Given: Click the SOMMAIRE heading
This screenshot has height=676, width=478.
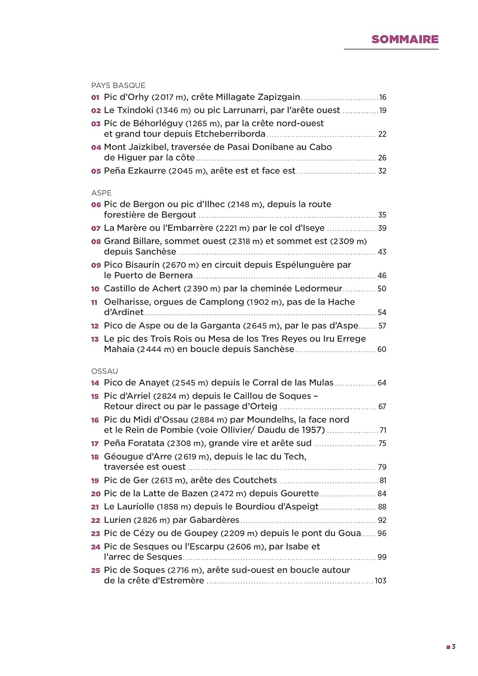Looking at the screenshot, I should pos(405,40).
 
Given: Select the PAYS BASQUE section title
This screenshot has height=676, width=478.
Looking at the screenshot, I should pos(118,86).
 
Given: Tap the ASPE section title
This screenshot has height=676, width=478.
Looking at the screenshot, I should pos(101,193).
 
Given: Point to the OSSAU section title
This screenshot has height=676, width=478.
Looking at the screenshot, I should pos(104,371).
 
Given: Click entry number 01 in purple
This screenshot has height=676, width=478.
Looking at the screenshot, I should pos(95,97).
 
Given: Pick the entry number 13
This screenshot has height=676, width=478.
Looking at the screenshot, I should pos(95,339).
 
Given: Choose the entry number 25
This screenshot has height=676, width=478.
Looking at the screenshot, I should pos(95,571).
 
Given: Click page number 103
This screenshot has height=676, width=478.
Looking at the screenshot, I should pos(380,581).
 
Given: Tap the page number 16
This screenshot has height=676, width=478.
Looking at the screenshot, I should pos(383,97).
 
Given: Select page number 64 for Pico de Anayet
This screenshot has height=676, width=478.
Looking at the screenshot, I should pos(382,383).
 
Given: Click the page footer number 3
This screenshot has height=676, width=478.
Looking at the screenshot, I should pos(454,647).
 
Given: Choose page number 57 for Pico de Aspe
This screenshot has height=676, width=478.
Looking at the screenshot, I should pos(382,326).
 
